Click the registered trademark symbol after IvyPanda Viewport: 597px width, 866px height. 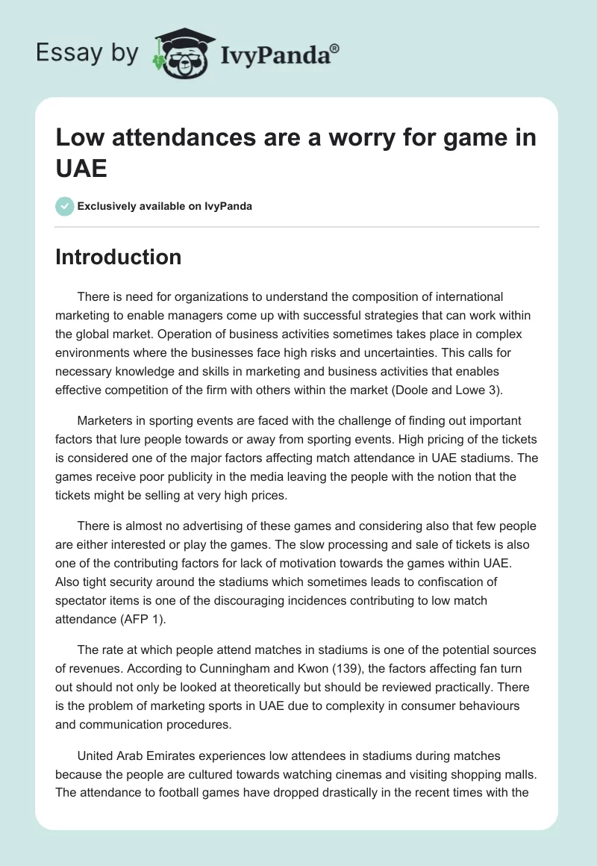(x=334, y=49)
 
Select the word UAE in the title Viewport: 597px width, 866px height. (x=81, y=168)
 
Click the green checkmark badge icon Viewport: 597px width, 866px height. (x=65, y=206)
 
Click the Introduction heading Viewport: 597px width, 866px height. (x=118, y=257)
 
